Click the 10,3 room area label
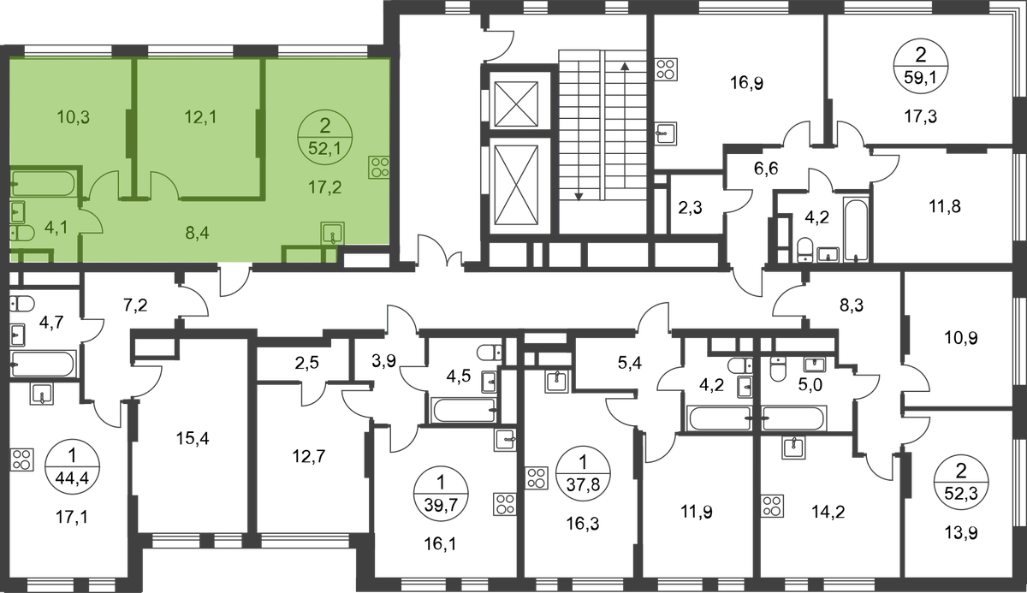74,118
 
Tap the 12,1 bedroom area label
200,118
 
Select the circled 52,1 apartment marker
325,137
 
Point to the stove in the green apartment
379,167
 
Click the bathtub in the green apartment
43,183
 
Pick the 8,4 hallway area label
197,234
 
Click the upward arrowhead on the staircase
624,66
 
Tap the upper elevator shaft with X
517,104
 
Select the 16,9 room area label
746,84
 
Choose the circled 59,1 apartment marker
920,67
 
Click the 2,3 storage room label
690,209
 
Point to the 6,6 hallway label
766,169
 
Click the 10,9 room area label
961,338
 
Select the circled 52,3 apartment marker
961,481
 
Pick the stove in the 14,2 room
772,506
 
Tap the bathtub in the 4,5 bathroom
464,410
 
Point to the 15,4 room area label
193,439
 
